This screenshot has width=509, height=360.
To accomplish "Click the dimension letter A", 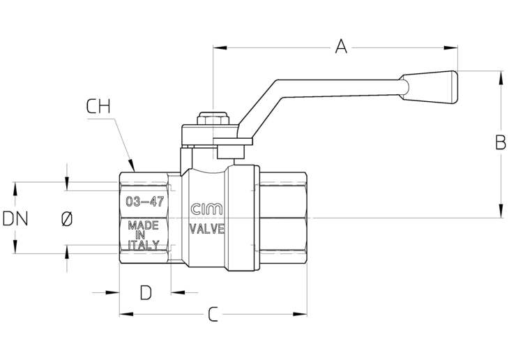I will pos(340,46).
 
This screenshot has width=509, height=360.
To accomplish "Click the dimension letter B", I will pos(500,142).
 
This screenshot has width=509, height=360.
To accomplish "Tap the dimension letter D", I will pos(145,292).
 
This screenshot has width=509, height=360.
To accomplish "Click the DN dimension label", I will pos(15,218).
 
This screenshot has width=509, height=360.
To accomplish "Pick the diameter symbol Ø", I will pos(66,218).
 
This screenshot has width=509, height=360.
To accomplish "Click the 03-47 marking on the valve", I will pos(144,202).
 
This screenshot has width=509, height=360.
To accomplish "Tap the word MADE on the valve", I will pos(144,225).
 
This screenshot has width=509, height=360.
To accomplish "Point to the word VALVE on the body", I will pos(207,228).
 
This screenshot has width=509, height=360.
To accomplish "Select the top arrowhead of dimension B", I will pos(500,75).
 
